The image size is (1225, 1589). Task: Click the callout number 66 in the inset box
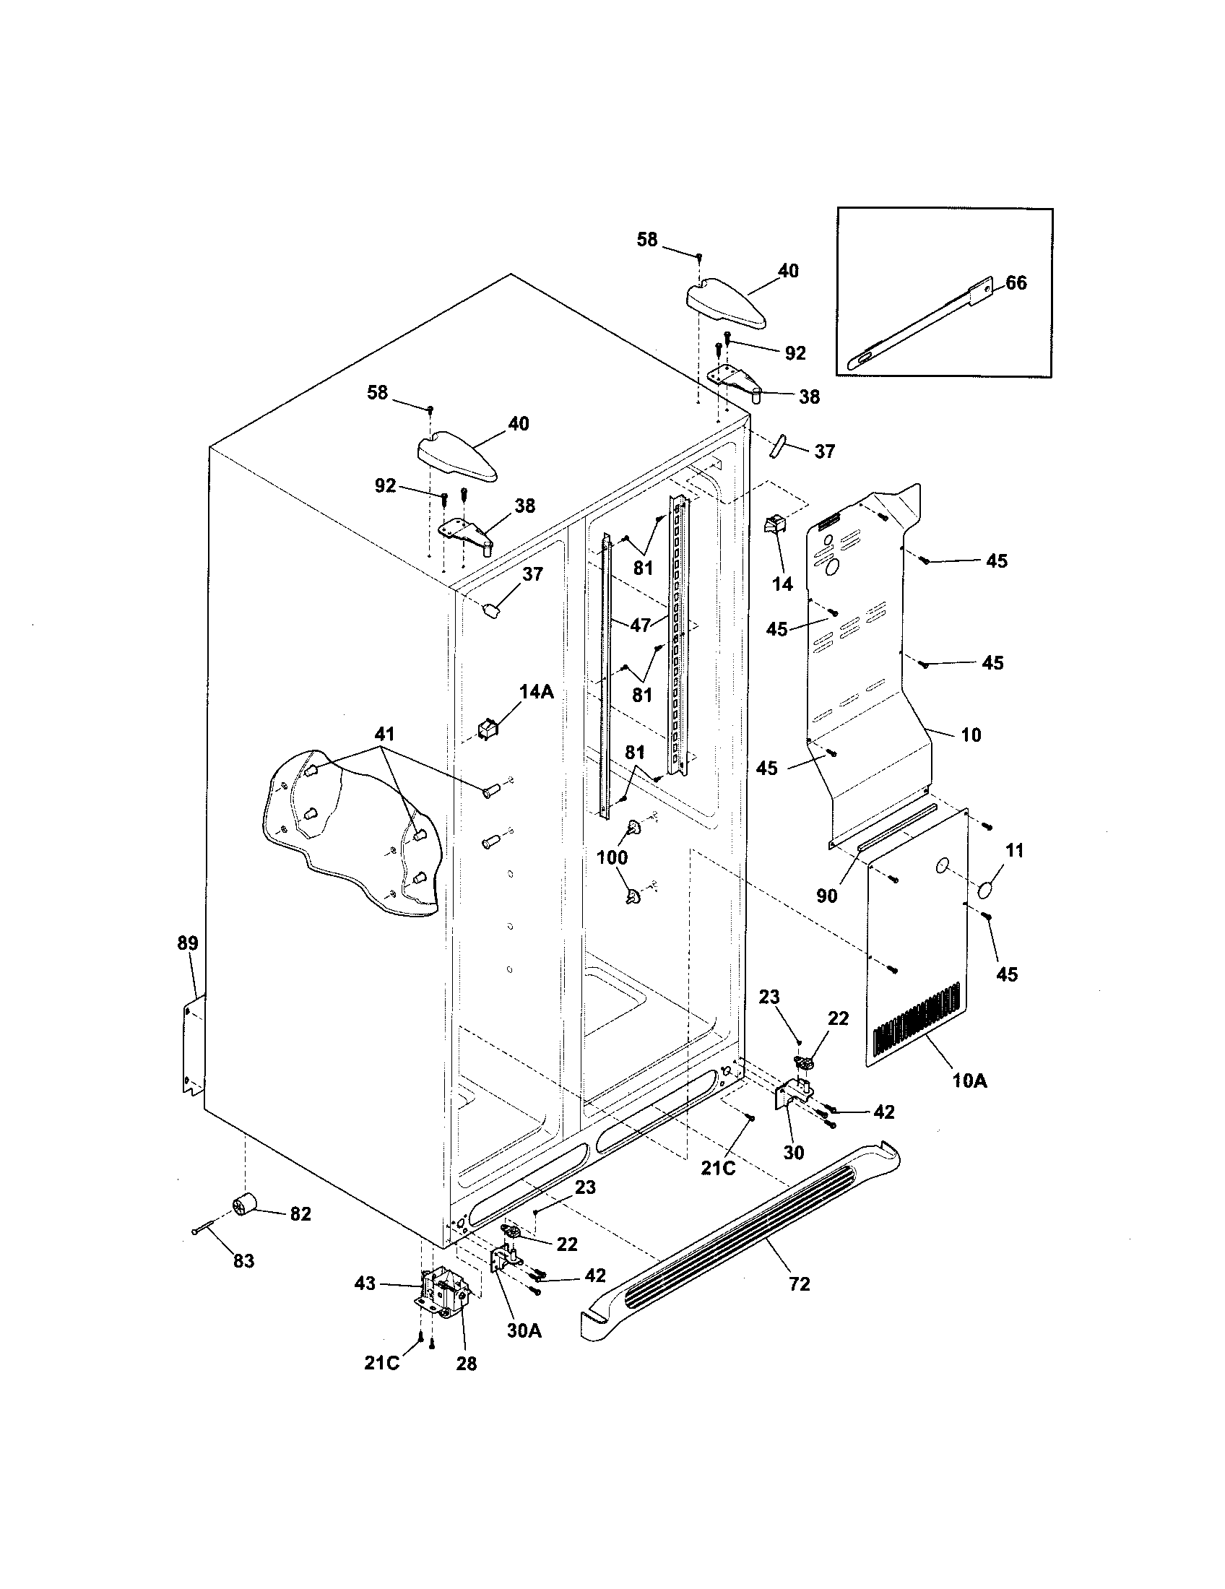coord(1016,283)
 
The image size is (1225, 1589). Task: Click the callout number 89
coord(188,944)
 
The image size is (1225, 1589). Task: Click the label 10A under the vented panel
coord(969,1101)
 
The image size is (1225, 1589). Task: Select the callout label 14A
coord(536,692)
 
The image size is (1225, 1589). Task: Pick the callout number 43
coord(365,1283)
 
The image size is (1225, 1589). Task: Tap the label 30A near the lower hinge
coord(524,1330)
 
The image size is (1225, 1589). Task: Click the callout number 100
coord(612,858)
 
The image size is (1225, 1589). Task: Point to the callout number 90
coord(827,896)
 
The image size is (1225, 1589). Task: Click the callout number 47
coord(640,625)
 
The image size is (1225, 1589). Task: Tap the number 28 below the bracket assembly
coord(467,1364)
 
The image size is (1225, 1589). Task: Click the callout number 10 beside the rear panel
coord(971,735)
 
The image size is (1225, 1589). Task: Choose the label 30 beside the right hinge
coord(794,1153)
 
